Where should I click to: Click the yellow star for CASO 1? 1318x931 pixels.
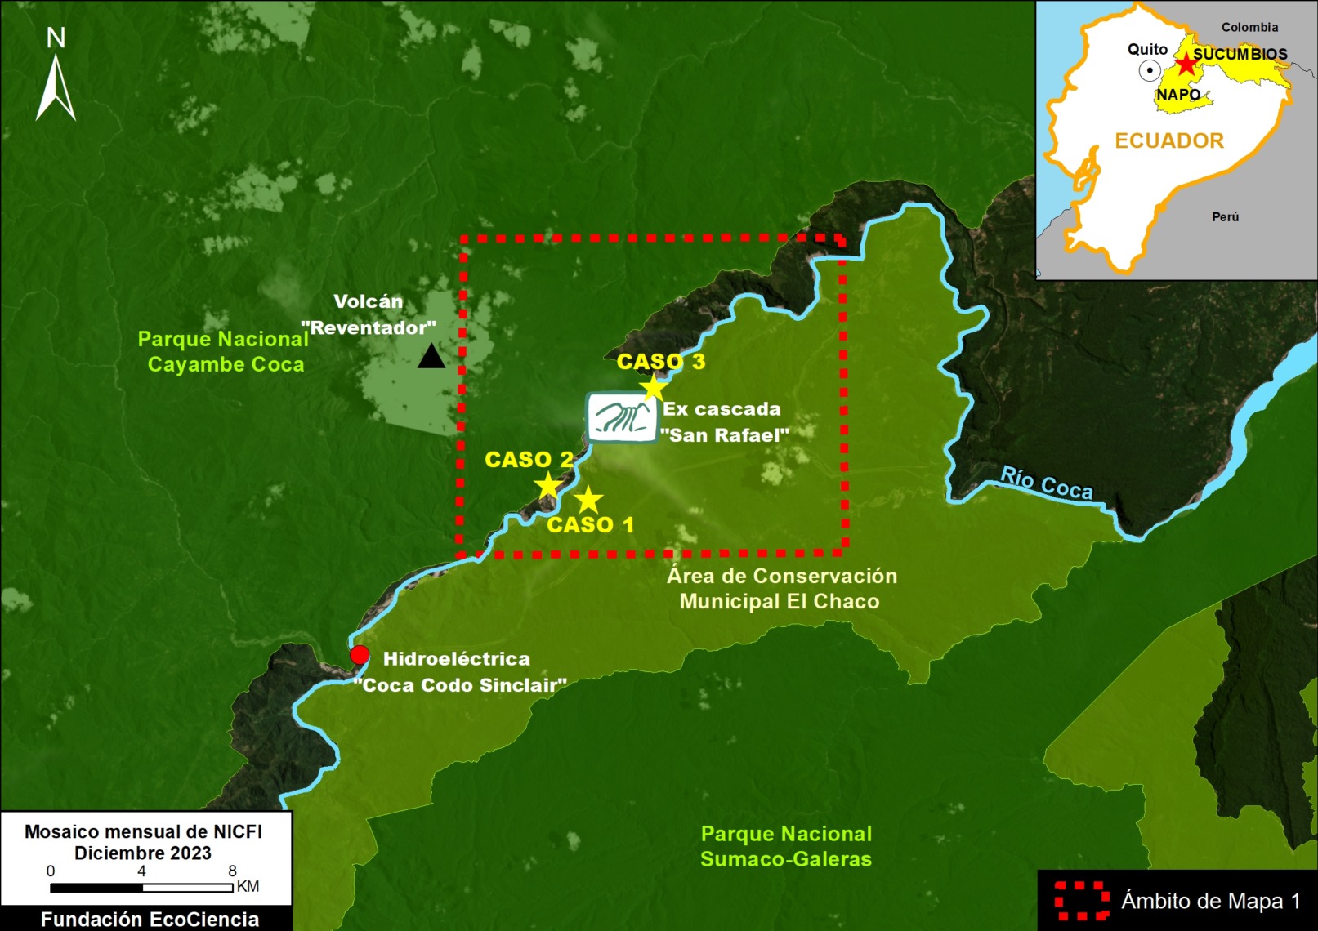coord(588,499)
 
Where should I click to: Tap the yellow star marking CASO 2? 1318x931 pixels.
coord(547,486)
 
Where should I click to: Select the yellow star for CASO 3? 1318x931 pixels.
coord(652,388)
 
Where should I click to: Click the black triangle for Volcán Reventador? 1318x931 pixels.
coord(431,357)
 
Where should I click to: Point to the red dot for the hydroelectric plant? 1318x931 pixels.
coord(360,655)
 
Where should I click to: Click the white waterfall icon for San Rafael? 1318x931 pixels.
coord(623,417)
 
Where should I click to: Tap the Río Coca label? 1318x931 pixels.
coord(1047,483)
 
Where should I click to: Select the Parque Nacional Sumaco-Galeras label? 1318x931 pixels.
coord(786,846)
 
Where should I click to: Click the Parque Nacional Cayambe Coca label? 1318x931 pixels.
coord(224,352)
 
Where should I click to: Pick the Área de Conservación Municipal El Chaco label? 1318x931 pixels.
coord(781,588)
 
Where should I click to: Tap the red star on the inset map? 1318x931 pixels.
coord(1185,65)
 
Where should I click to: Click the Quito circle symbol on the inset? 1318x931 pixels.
coord(1150,71)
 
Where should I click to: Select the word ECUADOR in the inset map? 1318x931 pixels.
coord(1169,140)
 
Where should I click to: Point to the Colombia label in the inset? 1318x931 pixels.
coord(1249,27)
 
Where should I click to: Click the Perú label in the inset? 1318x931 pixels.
coord(1225,216)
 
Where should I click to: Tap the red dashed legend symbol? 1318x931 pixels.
coord(1082,901)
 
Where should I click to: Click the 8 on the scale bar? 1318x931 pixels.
coord(233,871)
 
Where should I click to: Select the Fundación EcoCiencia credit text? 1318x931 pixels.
coord(150,919)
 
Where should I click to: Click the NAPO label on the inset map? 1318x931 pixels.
coord(1177,95)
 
